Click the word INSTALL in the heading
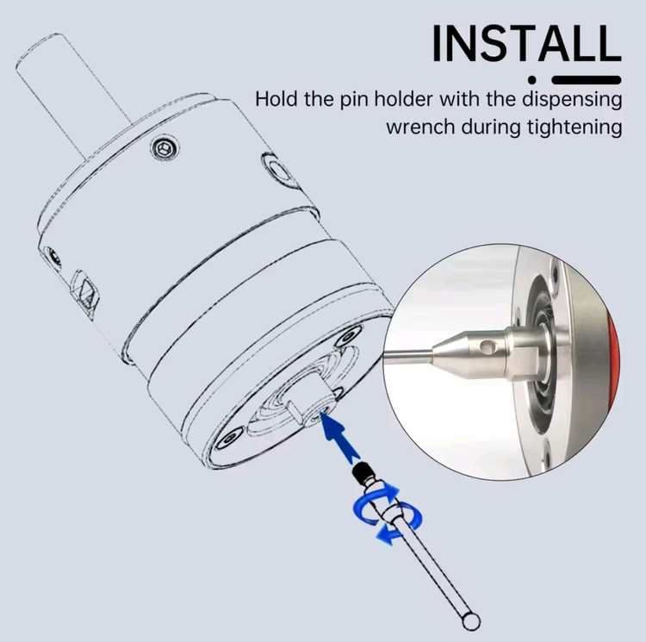coord(526,43)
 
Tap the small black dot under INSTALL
coord(532,79)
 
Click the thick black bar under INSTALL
coord(587,80)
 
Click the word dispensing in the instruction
coord(572,100)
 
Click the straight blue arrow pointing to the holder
coord(339,436)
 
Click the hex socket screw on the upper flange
coord(165,147)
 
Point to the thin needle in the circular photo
coord(408,356)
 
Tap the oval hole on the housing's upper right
coord(279,170)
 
